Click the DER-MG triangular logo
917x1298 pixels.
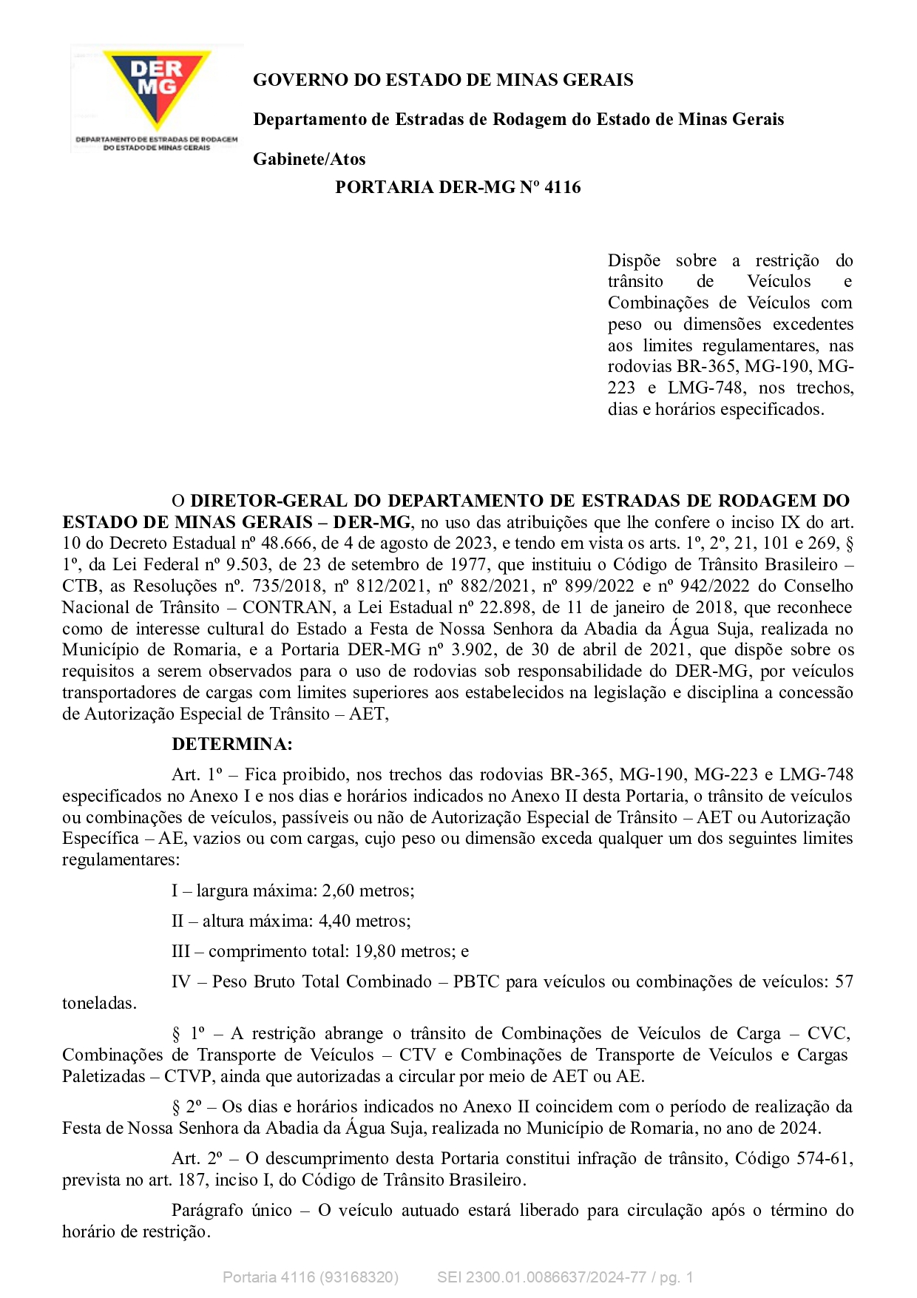[x=157, y=87]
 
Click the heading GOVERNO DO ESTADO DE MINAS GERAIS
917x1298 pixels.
[x=443, y=80]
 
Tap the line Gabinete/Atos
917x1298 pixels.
[x=309, y=159]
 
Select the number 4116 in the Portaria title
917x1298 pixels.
[x=562, y=187]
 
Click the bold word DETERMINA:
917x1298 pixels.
[x=232, y=744]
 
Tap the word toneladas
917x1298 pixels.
[x=98, y=1004]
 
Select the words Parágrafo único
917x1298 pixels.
[x=231, y=1210]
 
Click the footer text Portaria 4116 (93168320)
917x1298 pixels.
[x=311, y=1277]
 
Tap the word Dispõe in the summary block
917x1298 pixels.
[x=634, y=261]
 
